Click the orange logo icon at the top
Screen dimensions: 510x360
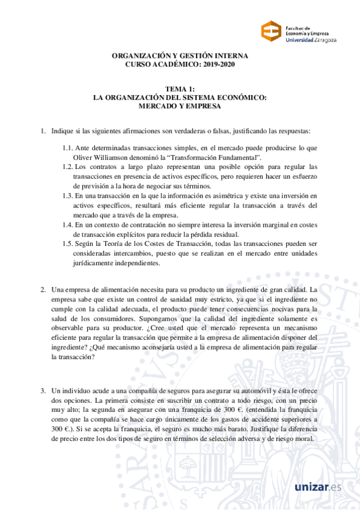[x=271, y=32]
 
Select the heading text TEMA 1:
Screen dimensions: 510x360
[x=180, y=89]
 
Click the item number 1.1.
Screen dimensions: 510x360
[x=67, y=147]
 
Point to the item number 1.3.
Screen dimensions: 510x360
[x=67, y=195]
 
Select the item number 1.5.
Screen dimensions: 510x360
[x=67, y=244]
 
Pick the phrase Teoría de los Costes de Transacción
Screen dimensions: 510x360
[x=162, y=244]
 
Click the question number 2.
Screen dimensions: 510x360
[x=43, y=290]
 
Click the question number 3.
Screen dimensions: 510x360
[x=43, y=391]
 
